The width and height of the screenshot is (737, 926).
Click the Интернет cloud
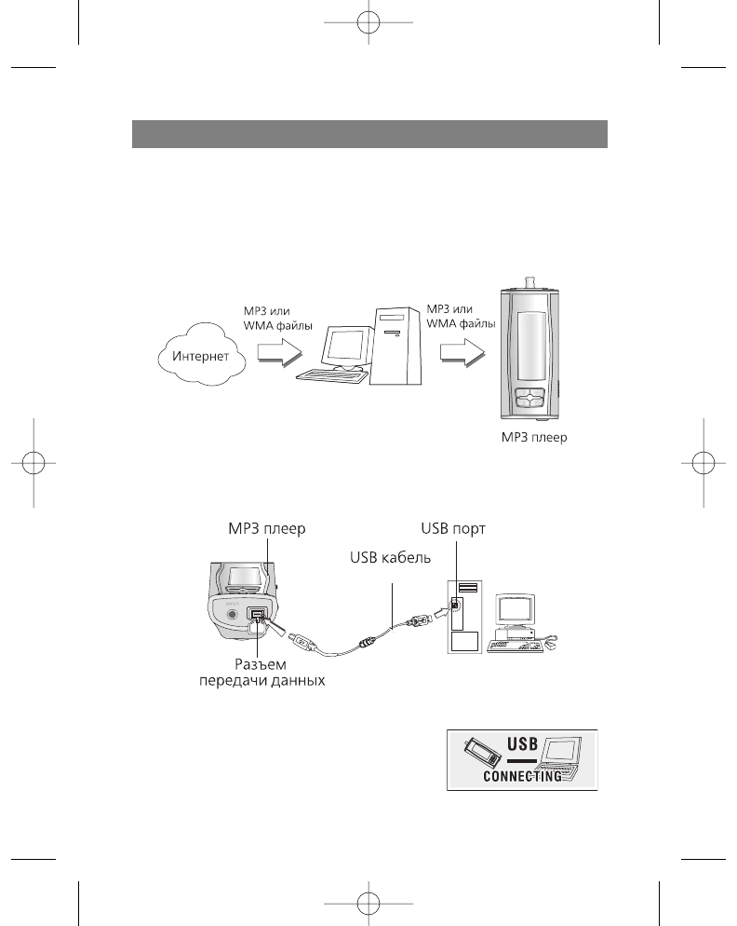tap(199, 355)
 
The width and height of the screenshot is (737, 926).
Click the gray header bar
tap(369, 133)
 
